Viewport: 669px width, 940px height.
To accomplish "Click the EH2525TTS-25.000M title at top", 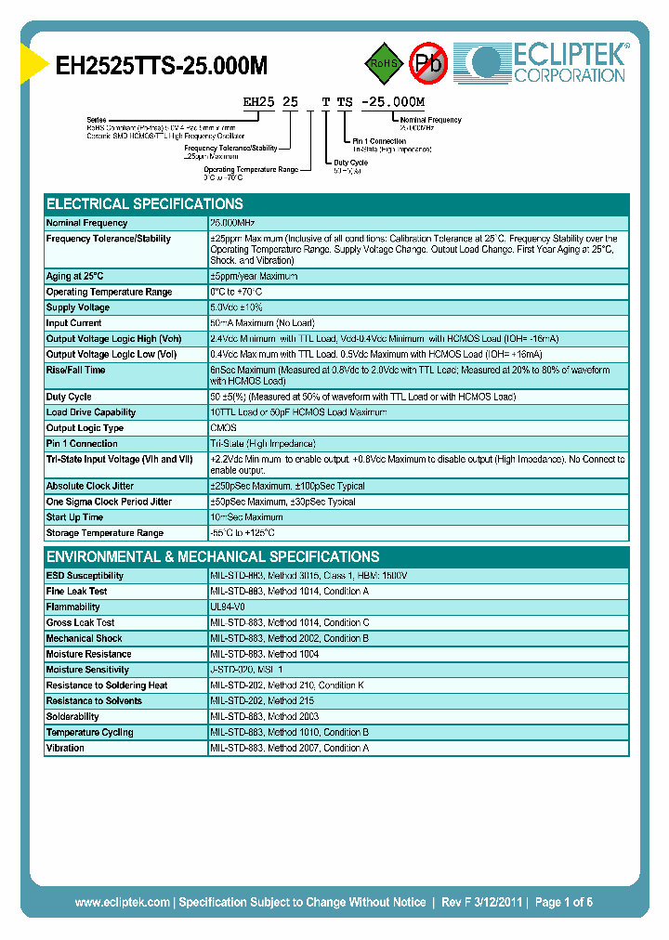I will pos(163,65).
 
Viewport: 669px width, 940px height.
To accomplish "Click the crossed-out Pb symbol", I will pos(428,63).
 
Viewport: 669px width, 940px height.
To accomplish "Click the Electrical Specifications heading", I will pos(145,204).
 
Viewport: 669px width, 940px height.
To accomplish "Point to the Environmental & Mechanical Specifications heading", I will pos(213,557).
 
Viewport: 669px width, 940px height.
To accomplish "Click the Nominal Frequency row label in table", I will pos(87,223).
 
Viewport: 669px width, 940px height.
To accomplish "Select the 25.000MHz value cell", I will pos(233,223).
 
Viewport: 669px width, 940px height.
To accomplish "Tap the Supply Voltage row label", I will pos(78,307).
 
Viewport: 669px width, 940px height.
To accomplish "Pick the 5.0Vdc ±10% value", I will pos(237,307).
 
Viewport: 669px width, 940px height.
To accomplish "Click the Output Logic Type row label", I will pos(85,428).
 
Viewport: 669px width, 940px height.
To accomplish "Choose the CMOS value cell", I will pos(224,428).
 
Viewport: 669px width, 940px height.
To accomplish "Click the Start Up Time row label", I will pos(74,517).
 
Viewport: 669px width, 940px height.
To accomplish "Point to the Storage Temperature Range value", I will pos(243,533).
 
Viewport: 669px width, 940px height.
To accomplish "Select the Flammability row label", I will pos(73,607).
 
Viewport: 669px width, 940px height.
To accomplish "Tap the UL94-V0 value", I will pos(230,607).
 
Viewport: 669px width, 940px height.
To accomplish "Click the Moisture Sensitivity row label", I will pos(87,670).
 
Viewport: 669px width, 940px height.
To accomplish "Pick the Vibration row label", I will pos(65,748).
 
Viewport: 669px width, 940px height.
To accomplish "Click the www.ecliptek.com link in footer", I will pos(122,902).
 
